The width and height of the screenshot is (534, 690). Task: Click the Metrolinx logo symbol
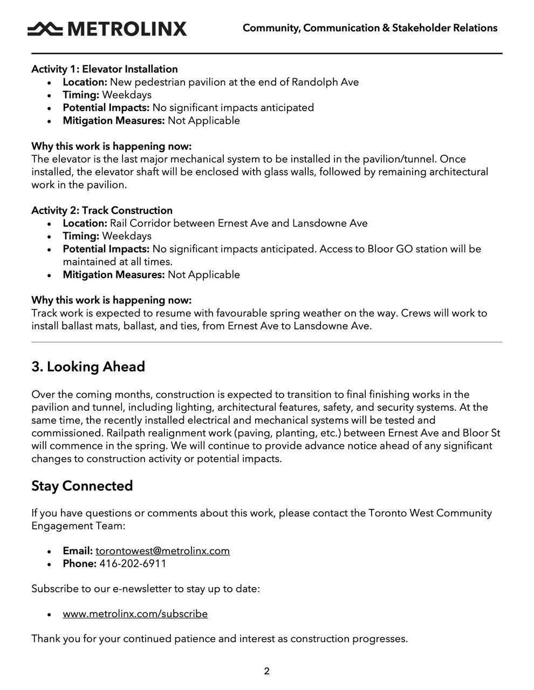click(x=46, y=29)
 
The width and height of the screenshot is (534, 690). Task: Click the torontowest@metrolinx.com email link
click(x=162, y=551)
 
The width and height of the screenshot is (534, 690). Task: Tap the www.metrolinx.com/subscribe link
click(x=135, y=614)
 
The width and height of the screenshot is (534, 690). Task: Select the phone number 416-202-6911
click(x=133, y=564)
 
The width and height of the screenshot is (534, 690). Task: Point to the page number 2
click(x=266, y=672)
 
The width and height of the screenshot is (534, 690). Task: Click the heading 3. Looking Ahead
click(x=88, y=367)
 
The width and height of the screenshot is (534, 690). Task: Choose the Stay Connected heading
click(x=82, y=486)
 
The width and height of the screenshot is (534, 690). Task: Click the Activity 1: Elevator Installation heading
click(x=104, y=70)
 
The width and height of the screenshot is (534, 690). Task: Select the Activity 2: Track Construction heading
click(x=102, y=211)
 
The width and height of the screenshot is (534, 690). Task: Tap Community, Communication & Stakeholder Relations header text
click(x=370, y=28)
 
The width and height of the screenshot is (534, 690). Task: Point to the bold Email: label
click(x=78, y=551)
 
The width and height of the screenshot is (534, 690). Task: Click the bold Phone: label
click(x=79, y=564)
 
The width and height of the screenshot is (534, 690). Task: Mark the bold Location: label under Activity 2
click(x=85, y=224)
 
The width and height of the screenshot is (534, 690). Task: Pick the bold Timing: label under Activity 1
click(x=81, y=95)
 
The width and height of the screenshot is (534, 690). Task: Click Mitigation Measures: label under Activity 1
click(x=113, y=121)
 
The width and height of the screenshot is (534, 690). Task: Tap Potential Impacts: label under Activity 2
click(x=106, y=249)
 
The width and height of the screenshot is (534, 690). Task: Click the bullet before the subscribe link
click(x=50, y=615)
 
